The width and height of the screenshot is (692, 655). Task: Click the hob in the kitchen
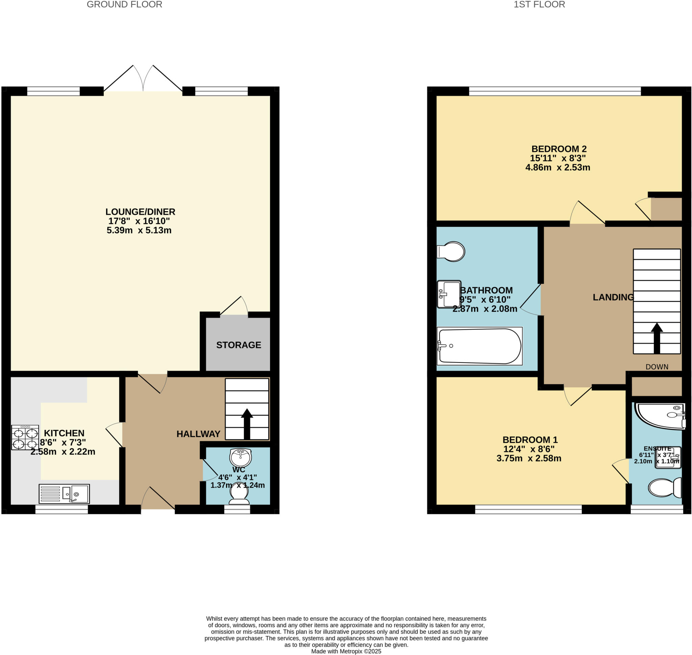pyautogui.click(x=25, y=437)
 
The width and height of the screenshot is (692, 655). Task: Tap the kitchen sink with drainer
pyautogui.click(x=64, y=494)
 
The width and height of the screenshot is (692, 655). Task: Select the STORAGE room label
pyautogui.click(x=238, y=345)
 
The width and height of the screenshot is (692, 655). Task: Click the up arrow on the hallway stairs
pyautogui.click(x=247, y=423)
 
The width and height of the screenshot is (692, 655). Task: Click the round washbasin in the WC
pyautogui.click(x=240, y=457)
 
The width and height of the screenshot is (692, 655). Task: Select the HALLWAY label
pyautogui.click(x=198, y=434)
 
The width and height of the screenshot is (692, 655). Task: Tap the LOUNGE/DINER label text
pyautogui.click(x=140, y=212)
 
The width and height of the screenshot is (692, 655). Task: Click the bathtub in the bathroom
pyautogui.click(x=479, y=346)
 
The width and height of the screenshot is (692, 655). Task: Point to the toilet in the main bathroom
pyautogui.click(x=451, y=251)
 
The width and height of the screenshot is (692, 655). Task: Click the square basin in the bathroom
pyautogui.click(x=449, y=294)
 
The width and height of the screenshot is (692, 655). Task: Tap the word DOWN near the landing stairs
pyautogui.click(x=657, y=367)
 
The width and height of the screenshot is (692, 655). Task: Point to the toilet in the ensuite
pyautogui.click(x=664, y=487)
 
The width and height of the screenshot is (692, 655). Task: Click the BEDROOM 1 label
pyautogui.click(x=530, y=440)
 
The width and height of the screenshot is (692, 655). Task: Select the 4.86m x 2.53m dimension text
pyautogui.click(x=557, y=167)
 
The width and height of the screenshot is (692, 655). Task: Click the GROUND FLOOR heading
pyautogui.click(x=124, y=4)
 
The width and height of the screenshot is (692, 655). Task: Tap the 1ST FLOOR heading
pyautogui.click(x=539, y=4)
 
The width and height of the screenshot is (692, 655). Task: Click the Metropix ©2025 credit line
pyautogui.click(x=346, y=651)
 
